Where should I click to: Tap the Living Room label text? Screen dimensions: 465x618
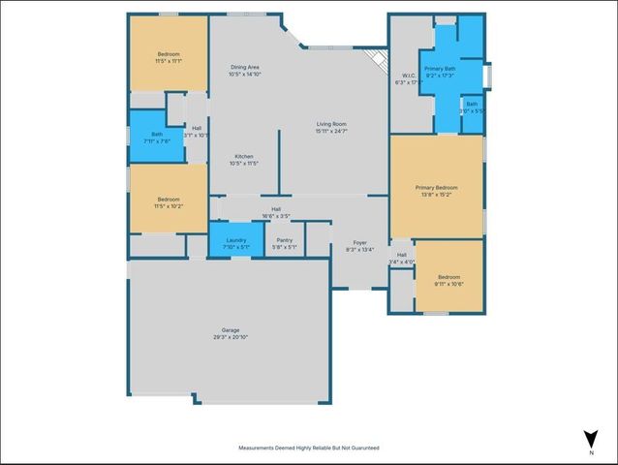pyautogui.click(x=331, y=124)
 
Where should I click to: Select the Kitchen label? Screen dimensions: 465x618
pyautogui.click(x=244, y=156)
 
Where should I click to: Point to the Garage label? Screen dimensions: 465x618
pyautogui.click(x=230, y=330)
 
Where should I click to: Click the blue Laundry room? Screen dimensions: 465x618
pyautogui.click(x=236, y=242)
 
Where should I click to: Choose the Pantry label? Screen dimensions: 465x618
pyautogui.click(x=284, y=240)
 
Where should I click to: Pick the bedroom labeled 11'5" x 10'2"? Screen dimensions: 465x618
pyautogui.click(x=169, y=199)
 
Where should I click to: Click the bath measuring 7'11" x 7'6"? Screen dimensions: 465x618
pyautogui.click(x=150, y=137)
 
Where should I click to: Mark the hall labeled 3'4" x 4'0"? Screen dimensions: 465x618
pyautogui.click(x=401, y=258)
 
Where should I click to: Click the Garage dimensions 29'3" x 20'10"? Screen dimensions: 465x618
pyautogui.click(x=230, y=337)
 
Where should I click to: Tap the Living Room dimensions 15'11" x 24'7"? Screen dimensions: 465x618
pyautogui.click(x=331, y=131)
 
